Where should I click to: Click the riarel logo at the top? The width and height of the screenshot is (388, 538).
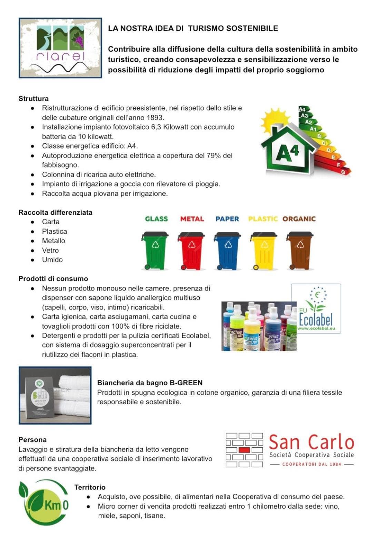click(x=60, y=48)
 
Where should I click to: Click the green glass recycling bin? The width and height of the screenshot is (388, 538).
click(x=155, y=250)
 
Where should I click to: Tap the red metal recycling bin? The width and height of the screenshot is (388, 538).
click(x=191, y=250)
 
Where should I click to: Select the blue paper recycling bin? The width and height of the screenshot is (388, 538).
click(x=227, y=250)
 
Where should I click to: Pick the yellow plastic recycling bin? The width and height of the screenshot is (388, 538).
click(x=263, y=250)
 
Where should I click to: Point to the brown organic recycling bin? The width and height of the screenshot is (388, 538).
click(x=299, y=250)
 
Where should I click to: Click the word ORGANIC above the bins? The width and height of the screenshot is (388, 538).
click(x=299, y=219)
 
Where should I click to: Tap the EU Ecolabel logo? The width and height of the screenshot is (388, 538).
click(x=316, y=308)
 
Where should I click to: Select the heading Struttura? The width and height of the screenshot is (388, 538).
click(x=33, y=99)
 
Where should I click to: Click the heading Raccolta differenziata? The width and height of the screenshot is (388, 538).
click(x=55, y=212)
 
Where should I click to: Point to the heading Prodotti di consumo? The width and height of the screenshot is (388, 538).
click(x=53, y=279)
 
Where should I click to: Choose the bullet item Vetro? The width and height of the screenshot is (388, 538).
click(x=50, y=250)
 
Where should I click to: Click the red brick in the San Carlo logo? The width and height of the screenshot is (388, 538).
click(x=244, y=450)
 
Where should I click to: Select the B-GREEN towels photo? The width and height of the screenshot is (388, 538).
click(x=55, y=395)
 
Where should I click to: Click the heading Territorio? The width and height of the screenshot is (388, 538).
click(x=90, y=487)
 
